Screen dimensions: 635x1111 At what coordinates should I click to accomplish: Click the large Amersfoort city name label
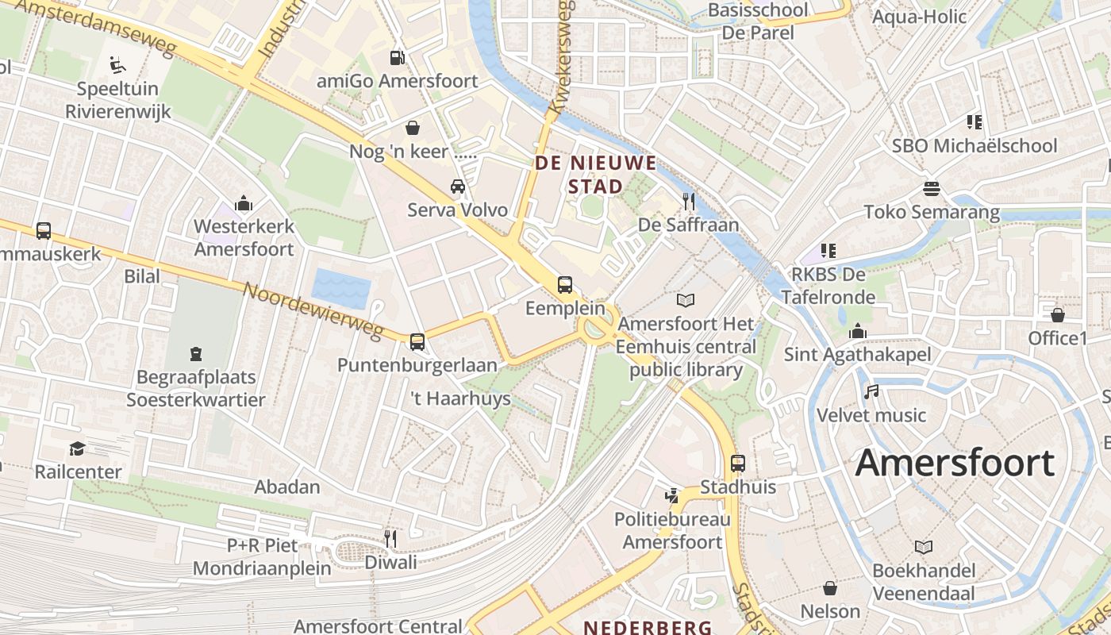click(x=955, y=463)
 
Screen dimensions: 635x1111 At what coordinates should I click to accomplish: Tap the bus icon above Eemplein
click(x=565, y=284)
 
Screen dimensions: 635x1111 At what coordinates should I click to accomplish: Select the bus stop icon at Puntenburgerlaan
click(x=417, y=342)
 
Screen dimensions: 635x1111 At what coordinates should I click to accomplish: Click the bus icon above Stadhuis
click(x=738, y=464)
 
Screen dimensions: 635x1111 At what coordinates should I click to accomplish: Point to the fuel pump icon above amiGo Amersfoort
click(x=397, y=57)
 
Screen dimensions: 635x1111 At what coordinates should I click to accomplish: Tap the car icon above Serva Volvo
click(x=458, y=187)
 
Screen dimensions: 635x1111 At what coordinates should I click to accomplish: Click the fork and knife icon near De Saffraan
click(x=689, y=202)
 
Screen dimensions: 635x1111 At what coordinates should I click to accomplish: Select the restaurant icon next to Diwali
click(x=390, y=539)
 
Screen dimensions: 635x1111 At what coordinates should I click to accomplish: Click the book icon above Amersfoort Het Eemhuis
click(x=686, y=300)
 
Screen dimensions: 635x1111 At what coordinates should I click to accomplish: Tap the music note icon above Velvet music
click(x=871, y=392)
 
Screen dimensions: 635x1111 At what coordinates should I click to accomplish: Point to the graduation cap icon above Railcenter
click(x=77, y=448)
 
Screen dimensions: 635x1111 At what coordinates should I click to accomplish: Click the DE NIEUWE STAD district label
click(x=596, y=175)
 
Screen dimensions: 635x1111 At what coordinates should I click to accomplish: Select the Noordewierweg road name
click(x=313, y=310)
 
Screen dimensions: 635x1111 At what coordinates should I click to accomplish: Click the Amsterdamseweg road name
click(x=95, y=26)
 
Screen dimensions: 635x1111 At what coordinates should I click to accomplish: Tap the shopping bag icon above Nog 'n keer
click(x=413, y=127)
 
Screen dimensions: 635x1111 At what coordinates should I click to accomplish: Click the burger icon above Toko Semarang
click(x=932, y=189)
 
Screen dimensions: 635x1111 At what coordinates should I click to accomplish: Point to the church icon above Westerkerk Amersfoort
click(x=244, y=203)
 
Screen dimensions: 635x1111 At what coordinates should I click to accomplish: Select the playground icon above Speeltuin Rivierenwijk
click(x=117, y=64)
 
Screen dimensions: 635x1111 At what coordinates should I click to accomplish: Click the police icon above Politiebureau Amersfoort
click(x=672, y=496)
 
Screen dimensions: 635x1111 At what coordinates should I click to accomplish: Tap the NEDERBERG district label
click(x=648, y=627)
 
